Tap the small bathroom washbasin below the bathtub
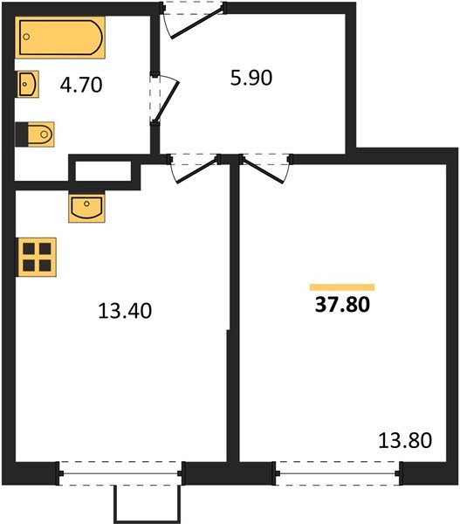(x=27, y=86)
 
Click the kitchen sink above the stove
(x=86, y=208)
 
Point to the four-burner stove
(x=36, y=258)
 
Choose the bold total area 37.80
(x=342, y=306)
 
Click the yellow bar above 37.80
(x=342, y=286)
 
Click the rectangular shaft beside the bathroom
(x=104, y=171)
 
